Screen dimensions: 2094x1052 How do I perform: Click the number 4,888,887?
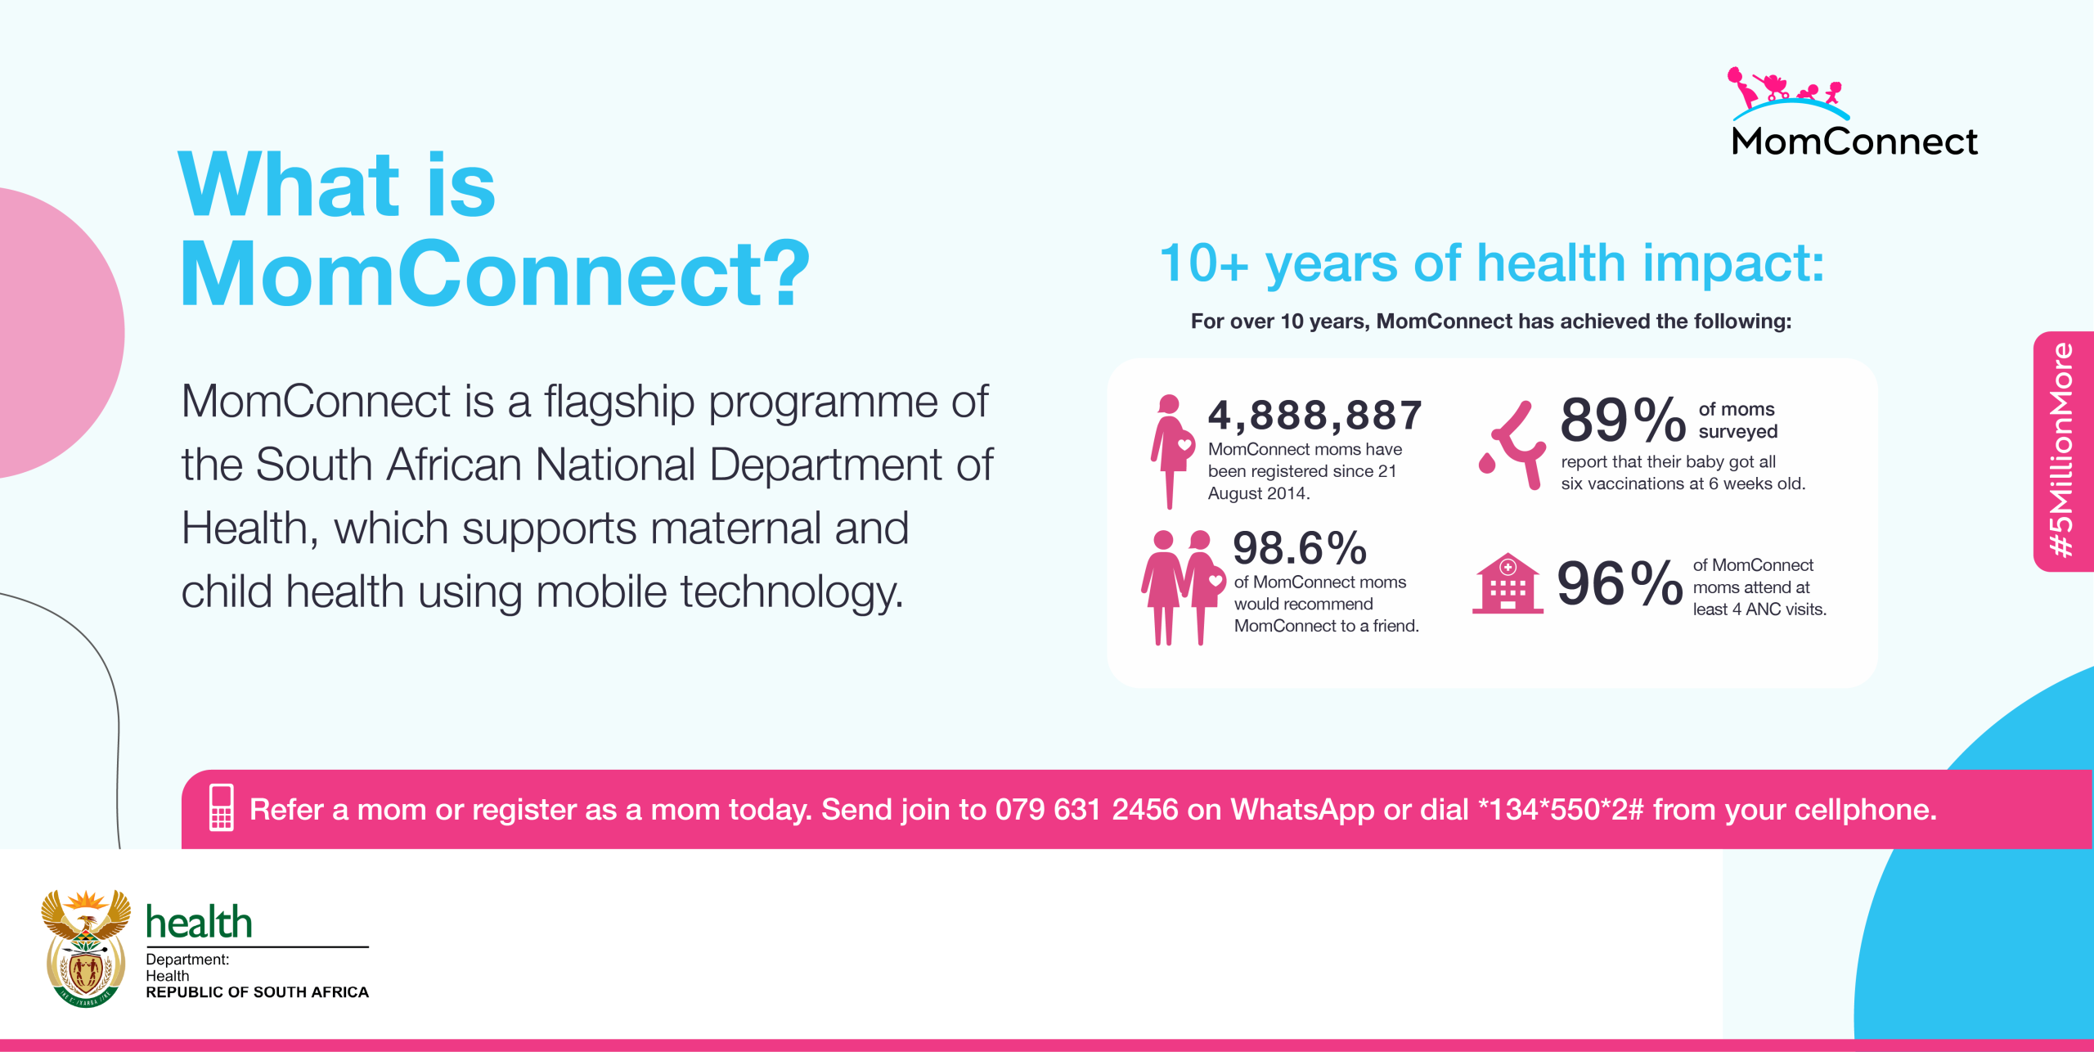(1315, 416)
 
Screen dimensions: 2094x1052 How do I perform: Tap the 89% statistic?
(1623, 420)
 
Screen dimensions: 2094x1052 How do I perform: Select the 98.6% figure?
(1300, 548)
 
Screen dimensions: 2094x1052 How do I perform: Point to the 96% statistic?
(1620, 583)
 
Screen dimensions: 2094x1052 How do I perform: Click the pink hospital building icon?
(1508, 583)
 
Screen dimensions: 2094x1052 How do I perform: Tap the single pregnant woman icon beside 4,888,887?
(1172, 452)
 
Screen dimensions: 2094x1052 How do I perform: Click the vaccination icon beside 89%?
(1513, 445)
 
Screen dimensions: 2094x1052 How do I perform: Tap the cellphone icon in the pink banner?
(222, 807)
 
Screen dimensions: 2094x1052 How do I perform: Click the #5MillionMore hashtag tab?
(2063, 451)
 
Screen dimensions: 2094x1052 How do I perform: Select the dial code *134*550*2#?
(1561, 809)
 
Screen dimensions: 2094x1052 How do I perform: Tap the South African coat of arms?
(86, 948)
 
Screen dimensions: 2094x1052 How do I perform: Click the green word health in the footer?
(199, 922)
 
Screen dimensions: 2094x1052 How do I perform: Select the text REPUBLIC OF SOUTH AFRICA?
(258, 992)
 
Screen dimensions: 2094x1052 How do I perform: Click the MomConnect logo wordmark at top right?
(1854, 141)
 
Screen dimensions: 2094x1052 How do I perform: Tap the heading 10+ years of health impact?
(1491, 264)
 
